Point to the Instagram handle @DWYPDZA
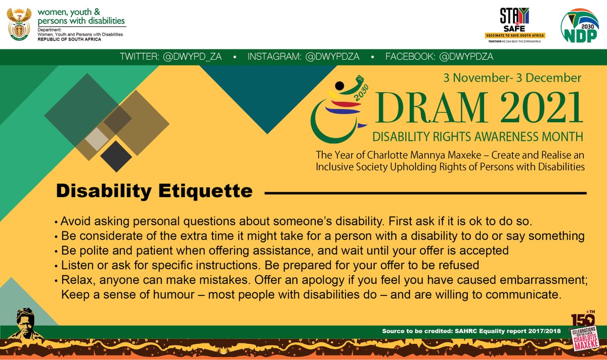pyautogui.click(x=303, y=57)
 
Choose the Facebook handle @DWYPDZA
pyautogui.click(x=439, y=57)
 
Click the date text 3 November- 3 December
pyautogui.click(x=512, y=78)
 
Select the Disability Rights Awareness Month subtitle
pyautogui.click(x=478, y=136)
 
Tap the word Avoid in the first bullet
pyautogui.click(x=74, y=222)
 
